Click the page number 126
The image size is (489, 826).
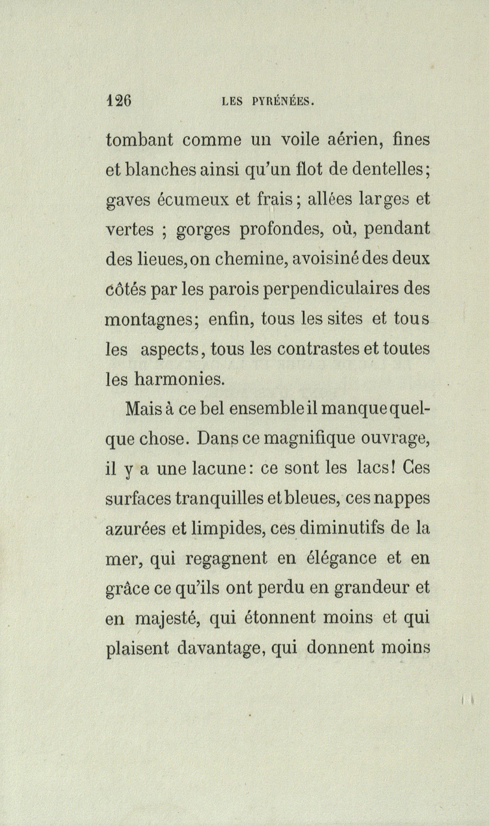[119, 100]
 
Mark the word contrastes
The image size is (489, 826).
[321, 349]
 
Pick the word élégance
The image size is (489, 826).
[339, 559]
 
